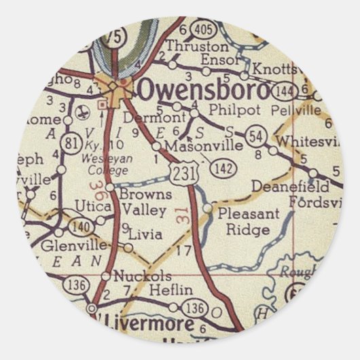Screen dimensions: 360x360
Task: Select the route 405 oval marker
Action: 201,29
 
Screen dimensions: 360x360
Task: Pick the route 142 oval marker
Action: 223,167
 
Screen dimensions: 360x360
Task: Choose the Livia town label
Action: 145,235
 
